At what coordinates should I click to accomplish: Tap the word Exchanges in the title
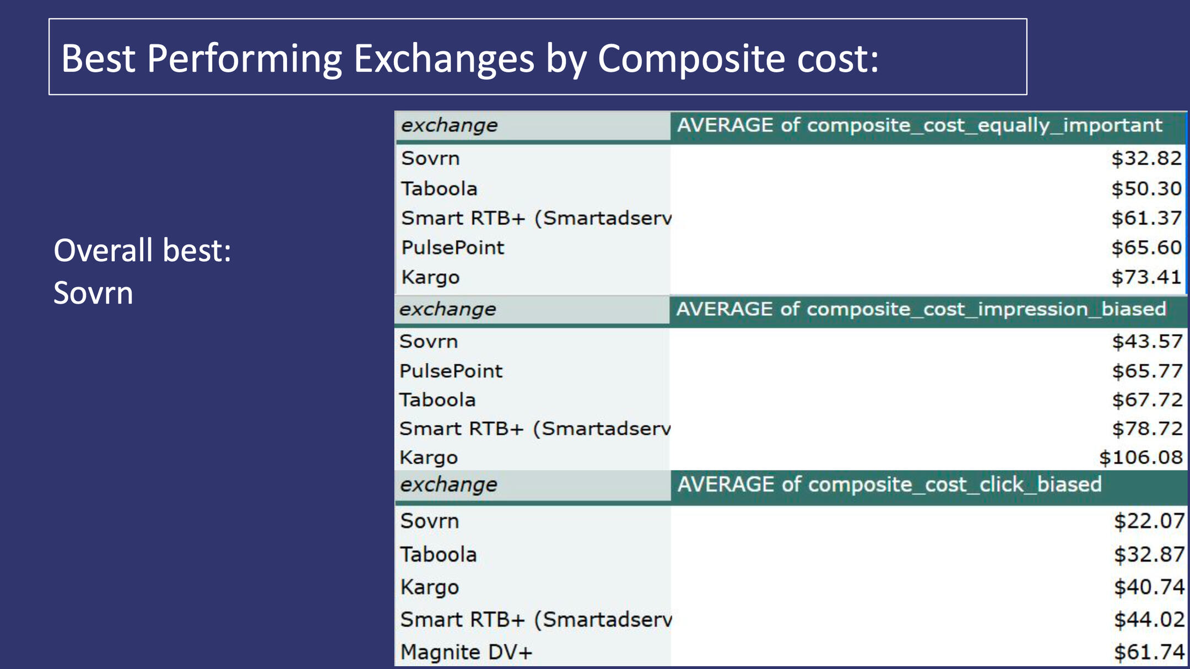444,58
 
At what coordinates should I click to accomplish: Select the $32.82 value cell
1146,159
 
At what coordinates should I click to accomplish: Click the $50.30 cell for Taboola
1146,189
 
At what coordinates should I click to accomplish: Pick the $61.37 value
1146,218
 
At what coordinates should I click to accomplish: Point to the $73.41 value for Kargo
1146,277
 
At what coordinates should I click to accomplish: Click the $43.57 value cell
1148,342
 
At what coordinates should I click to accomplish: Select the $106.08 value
1141,457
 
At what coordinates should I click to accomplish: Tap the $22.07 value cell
1149,521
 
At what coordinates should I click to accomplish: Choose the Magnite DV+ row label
466,652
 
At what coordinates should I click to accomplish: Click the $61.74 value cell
1149,652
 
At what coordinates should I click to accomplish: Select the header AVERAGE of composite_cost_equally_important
919,126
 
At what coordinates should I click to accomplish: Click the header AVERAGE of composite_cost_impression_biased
921,309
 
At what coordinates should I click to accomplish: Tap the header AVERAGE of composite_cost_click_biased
889,484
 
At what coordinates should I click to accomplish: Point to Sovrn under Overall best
93,293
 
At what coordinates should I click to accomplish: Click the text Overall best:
142,251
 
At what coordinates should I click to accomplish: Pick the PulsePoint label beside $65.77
451,371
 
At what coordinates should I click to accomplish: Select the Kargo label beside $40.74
429,587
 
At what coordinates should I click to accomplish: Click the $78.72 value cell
1148,429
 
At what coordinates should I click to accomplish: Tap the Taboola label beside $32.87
438,554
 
